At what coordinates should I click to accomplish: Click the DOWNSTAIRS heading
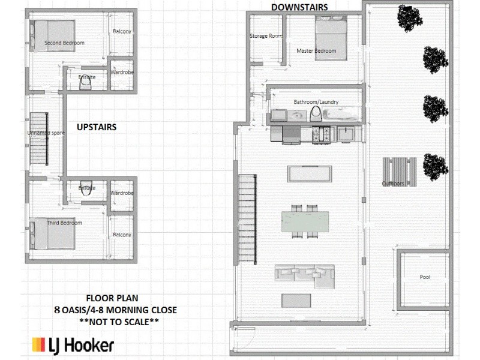click(299, 7)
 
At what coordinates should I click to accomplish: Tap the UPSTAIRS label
click(96, 127)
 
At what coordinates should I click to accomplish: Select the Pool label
click(425, 277)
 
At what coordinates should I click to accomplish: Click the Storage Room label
click(266, 36)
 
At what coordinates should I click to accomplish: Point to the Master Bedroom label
click(316, 51)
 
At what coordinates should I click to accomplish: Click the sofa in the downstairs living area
click(304, 274)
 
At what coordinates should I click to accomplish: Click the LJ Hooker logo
click(73, 345)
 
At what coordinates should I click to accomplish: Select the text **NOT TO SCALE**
click(123, 322)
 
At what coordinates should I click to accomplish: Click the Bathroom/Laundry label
click(316, 102)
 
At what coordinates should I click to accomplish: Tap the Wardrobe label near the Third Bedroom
click(122, 193)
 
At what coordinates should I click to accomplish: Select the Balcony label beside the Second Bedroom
click(122, 32)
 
